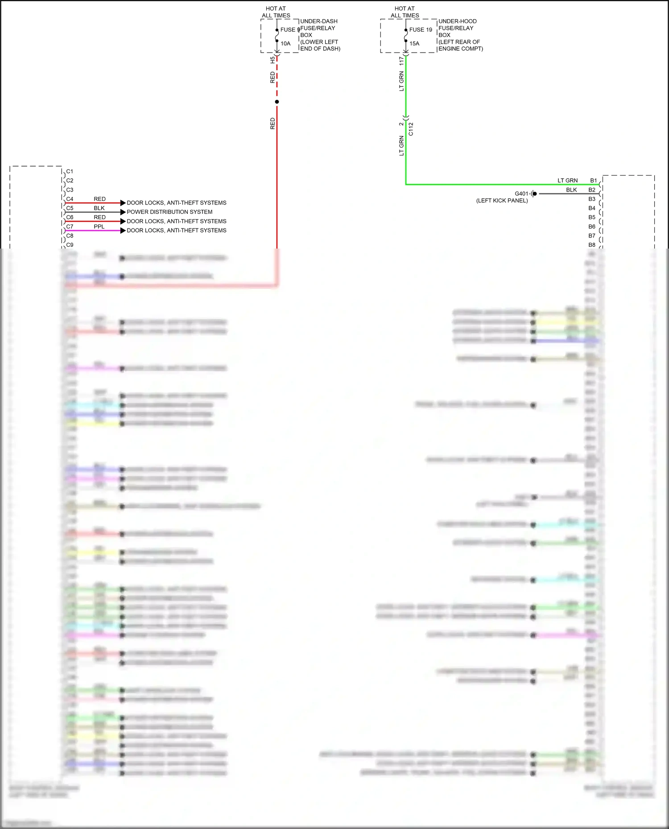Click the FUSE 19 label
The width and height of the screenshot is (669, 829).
pos(421,30)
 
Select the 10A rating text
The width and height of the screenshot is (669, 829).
pos(285,44)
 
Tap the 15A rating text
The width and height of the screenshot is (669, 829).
pos(414,44)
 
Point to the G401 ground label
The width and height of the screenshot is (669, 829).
pos(521,194)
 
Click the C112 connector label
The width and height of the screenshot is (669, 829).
pos(411,129)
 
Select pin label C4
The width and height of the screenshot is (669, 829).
pos(70,199)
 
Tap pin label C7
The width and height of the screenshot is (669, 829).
pos(70,227)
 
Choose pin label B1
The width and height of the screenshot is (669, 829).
pos(593,180)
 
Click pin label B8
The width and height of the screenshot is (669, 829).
pos(592,245)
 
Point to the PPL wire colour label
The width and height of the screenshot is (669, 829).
pos(99,227)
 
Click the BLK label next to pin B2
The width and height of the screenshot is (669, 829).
pos(571,190)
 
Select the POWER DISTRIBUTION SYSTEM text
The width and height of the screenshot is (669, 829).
pos(169,212)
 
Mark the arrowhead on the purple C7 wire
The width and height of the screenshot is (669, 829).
pos(123,230)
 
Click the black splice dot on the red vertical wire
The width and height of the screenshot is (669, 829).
pos(277,102)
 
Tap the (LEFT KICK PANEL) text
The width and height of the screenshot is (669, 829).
pos(502,201)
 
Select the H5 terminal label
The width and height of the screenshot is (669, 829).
pos(273,60)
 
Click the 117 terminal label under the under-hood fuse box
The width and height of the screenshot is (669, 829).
pos(401,61)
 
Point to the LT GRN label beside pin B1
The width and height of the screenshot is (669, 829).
pos(567,180)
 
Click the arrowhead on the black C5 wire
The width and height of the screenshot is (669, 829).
pos(123,212)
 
